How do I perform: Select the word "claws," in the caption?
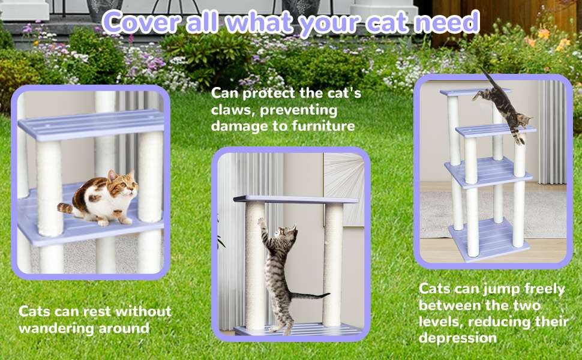pyautogui.click(x=232, y=110)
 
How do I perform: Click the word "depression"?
pyautogui.click(x=457, y=338)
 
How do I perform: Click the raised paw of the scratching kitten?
pyautogui.click(x=262, y=221)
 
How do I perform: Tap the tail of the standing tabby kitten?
pyautogui.click(x=310, y=296)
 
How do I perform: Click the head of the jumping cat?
pyautogui.click(x=524, y=120)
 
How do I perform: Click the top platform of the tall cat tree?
pyautogui.click(x=475, y=92)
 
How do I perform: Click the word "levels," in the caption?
pyautogui.click(x=440, y=322)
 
